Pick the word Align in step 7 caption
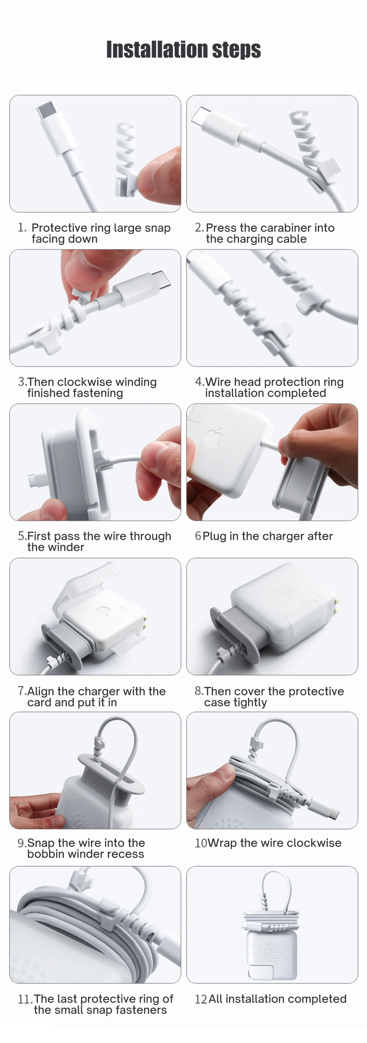[41, 691]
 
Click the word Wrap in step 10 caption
[222, 843]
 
